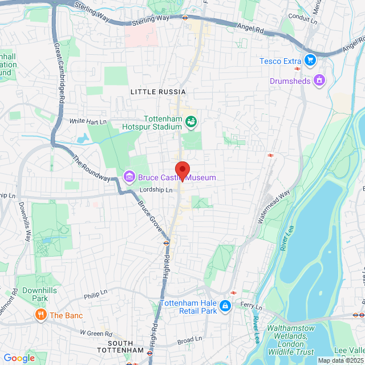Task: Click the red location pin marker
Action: coord(182,171)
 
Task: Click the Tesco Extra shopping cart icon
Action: coord(310,60)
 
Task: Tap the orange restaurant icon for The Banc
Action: coord(41,315)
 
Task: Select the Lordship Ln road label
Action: coord(157,190)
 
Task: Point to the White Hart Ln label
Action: coord(88,121)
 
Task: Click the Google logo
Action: coord(19,358)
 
